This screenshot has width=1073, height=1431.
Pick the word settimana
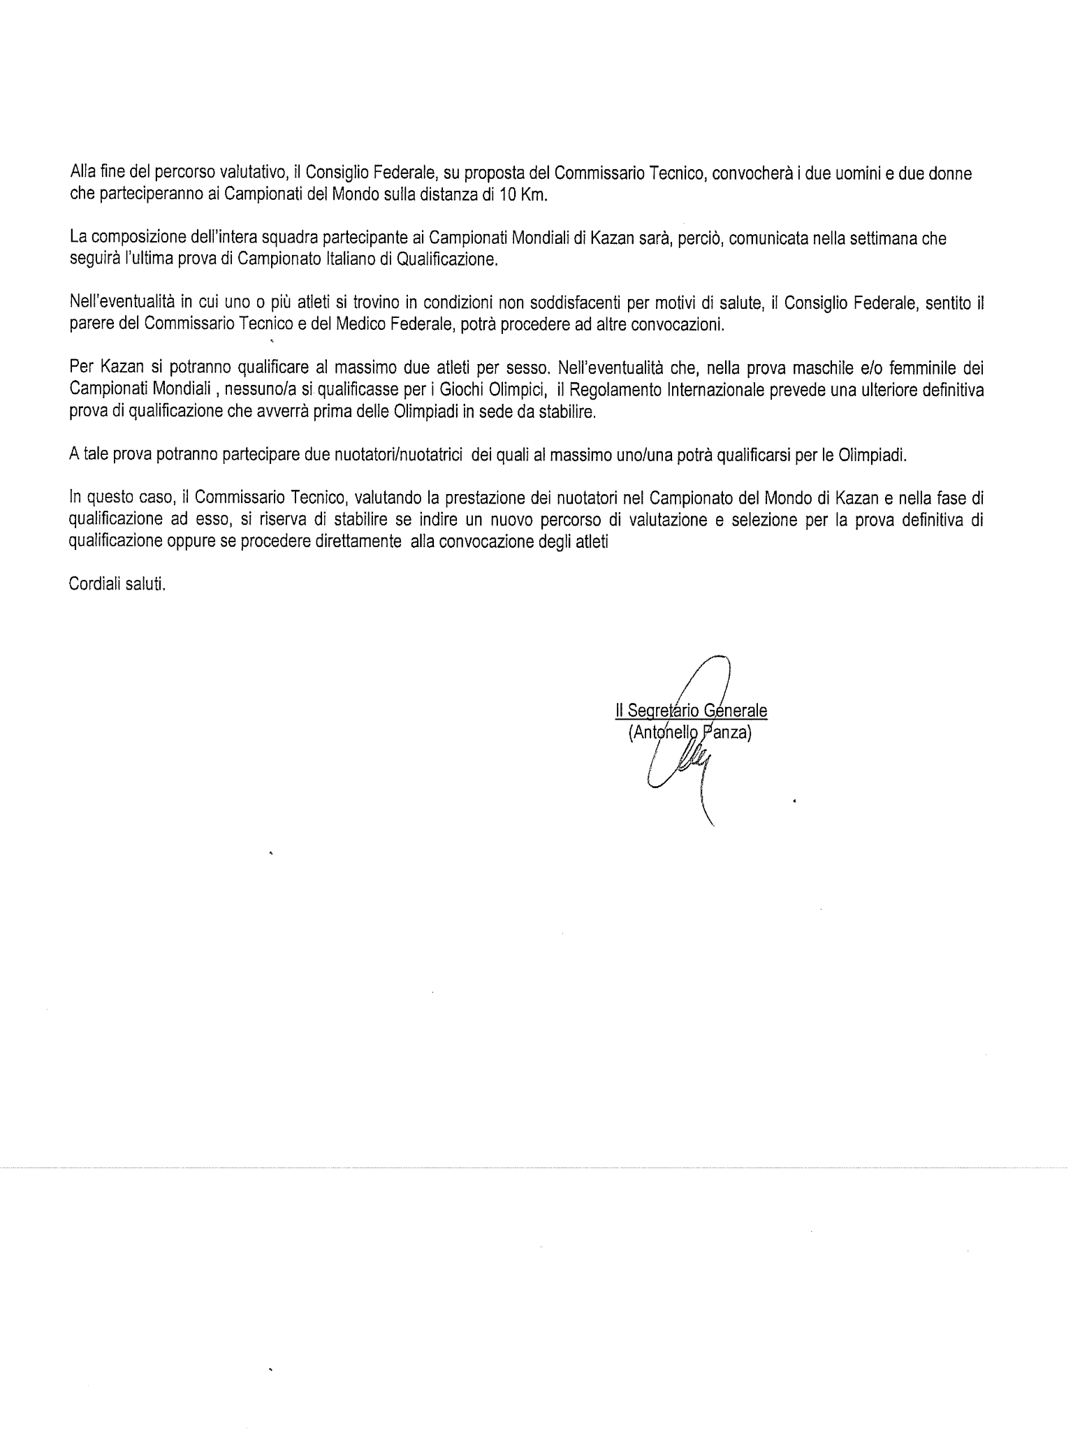(x=883, y=239)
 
